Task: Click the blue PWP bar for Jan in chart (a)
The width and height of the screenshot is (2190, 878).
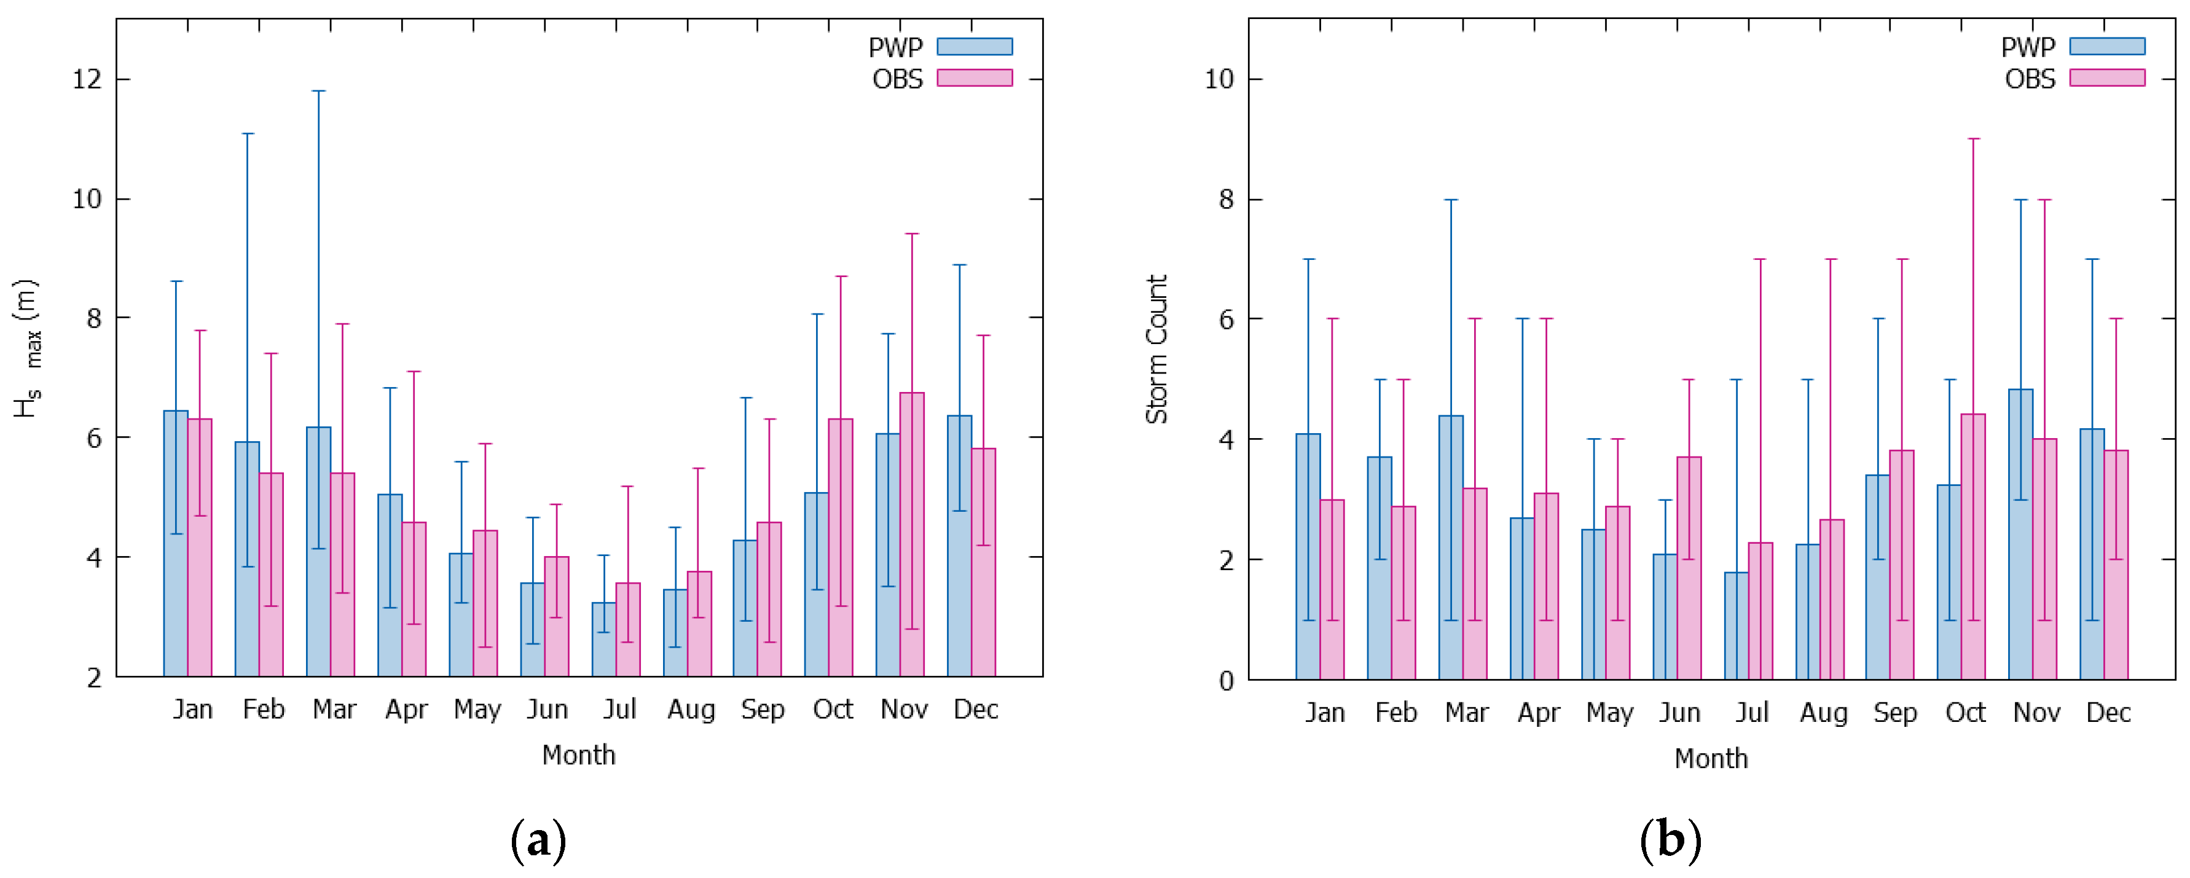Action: coord(176,544)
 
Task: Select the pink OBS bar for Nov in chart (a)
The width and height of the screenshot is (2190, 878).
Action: coord(912,536)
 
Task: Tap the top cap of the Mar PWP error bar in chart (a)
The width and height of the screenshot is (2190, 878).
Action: coord(319,91)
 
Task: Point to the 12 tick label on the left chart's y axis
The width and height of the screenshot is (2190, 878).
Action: coord(87,80)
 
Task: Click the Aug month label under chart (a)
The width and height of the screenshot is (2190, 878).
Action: coord(690,710)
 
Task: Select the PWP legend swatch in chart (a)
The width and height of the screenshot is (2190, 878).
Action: coord(975,47)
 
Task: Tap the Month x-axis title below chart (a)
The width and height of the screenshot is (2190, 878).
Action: coord(578,755)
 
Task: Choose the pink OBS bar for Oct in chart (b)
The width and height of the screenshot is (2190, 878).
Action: coord(1973,548)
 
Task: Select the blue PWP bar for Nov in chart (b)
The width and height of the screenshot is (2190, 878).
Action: coord(2021,536)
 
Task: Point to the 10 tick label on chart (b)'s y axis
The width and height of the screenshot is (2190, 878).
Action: coord(1219,80)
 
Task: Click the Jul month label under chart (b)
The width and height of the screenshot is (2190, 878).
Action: coord(1751,712)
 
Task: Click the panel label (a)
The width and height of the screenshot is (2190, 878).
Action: coord(538,841)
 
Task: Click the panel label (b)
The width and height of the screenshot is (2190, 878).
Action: coord(1671,841)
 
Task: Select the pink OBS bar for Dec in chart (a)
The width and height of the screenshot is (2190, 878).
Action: coord(984,563)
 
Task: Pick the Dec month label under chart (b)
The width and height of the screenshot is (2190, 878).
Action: coord(2108,712)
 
